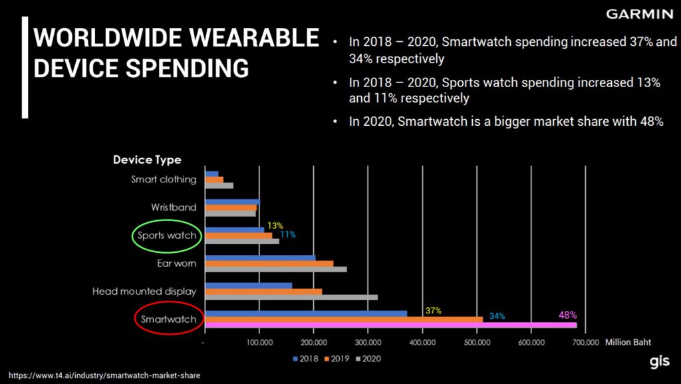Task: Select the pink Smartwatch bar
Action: coord(391,325)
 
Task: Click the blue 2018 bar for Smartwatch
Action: coord(307,313)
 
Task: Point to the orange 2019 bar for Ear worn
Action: coord(270,264)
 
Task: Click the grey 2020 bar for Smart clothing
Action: coord(219,186)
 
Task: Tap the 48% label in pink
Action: coord(567,315)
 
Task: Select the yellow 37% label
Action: coord(434,311)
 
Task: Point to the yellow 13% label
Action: coord(275,226)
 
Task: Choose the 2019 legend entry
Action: coord(336,359)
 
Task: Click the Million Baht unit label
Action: coord(627,342)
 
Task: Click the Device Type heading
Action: coord(147,160)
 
